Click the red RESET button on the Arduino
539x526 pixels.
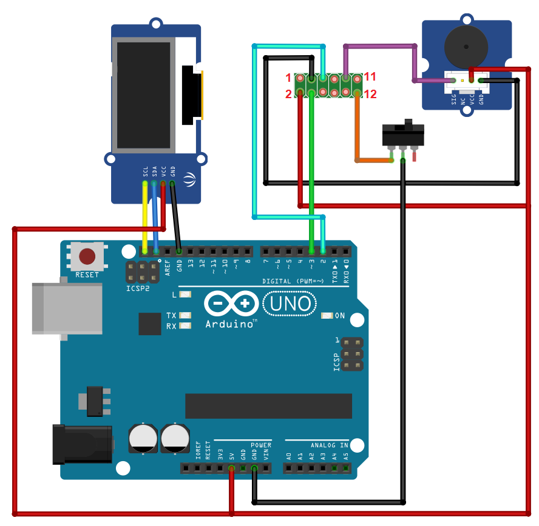87,256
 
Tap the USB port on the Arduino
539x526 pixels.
67,308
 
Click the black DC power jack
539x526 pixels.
82,444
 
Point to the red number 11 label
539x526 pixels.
370,77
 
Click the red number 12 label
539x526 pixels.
370,93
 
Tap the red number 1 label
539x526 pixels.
289,78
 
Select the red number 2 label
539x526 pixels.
289,93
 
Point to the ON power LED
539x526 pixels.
327,316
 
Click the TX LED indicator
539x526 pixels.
185,316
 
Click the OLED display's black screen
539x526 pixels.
144,96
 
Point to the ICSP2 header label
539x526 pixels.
138,289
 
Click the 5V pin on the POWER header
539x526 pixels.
231,468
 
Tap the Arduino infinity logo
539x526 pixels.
232,303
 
